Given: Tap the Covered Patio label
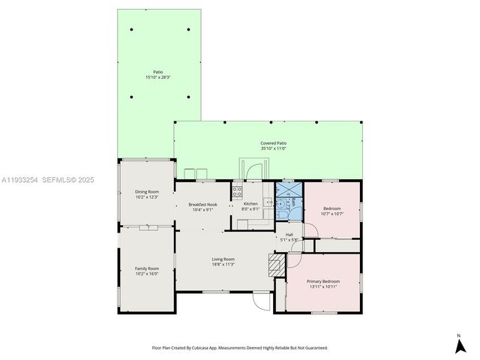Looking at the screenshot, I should coord(273,143).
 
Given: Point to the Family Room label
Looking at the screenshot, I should coord(147,268).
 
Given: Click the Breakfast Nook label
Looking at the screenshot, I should coord(203,204).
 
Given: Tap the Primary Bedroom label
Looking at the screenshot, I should coord(322,283).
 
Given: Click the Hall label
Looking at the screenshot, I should coord(289,235).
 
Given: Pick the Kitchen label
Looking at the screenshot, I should coord(250,204).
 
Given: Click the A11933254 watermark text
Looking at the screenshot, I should coord(21,180).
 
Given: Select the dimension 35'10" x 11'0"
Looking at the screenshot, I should coord(273,148).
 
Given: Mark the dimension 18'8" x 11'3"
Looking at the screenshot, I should coord(223,265).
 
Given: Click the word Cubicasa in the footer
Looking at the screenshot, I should coord(214,348).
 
